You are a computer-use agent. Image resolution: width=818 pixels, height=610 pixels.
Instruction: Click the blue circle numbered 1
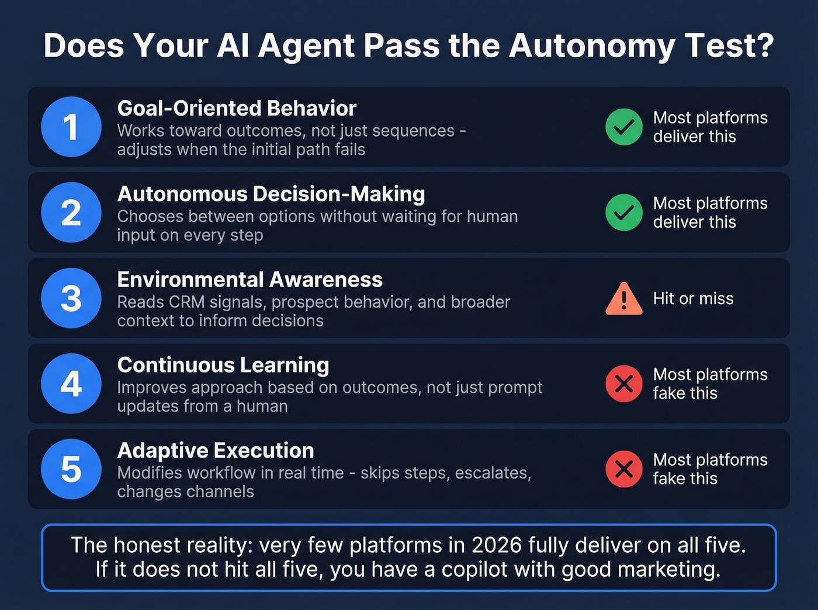tap(71, 127)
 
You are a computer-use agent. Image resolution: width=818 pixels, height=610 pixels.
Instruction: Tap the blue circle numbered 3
tap(71, 298)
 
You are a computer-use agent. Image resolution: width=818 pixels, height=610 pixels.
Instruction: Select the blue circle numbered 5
tap(71, 469)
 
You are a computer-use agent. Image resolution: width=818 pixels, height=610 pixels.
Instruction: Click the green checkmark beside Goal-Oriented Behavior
tap(624, 127)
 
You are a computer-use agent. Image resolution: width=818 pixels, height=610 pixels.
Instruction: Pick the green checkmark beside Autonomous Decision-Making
tap(624, 212)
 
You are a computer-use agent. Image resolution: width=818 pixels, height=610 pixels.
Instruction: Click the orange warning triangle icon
tap(624, 299)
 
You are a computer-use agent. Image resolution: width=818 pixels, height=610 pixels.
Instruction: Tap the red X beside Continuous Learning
tap(624, 384)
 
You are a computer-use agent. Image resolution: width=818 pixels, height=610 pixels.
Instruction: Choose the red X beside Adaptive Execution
tap(624, 469)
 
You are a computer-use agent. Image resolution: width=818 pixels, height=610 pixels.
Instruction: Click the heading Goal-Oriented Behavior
tap(237, 109)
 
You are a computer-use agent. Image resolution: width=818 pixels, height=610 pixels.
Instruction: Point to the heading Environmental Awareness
tap(249, 280)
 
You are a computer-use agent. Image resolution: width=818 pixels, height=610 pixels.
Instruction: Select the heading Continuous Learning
tap(223, 365)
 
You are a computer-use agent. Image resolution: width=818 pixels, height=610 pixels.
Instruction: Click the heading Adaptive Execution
tap(216, 451)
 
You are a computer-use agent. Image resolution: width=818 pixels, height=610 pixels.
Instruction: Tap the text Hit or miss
tap(693, 299)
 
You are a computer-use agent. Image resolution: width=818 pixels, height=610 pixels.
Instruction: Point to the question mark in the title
tap(764, 46)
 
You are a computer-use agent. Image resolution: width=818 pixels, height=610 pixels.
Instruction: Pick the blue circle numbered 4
tap(71, 384)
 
